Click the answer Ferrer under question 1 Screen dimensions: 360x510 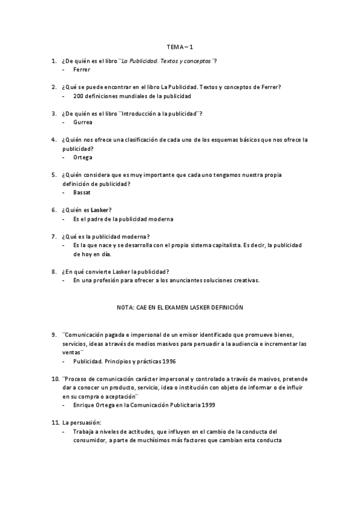(x=82, y=70)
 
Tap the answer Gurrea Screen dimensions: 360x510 (x=82, y=122)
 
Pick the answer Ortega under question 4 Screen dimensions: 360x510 (x=83, y=157)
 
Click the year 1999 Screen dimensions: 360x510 (x=206, y=405)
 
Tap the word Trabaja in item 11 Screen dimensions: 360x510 (x=84, y=432)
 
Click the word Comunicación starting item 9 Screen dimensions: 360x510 (x=85, y=334)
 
